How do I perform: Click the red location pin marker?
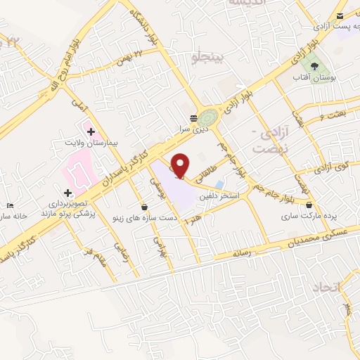pos(181,165)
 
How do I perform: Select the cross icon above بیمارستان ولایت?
pos(91,131)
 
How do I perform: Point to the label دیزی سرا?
pos(192,129)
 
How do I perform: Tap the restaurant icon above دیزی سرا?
pos(193,118)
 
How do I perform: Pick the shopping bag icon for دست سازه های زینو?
pos(145,207)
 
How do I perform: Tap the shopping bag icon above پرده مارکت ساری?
pos(309,205)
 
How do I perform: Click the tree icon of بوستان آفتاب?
pos(323,65)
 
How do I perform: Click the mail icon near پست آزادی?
pos(340,15)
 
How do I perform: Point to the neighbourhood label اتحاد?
pos(325,287)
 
